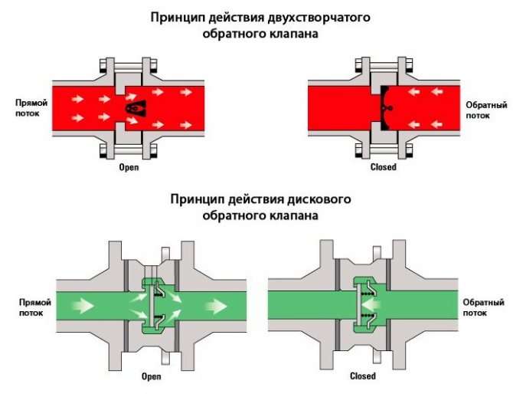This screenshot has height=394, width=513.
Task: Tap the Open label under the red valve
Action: point(129,167)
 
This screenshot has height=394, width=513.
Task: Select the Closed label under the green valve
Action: point(362,376)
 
